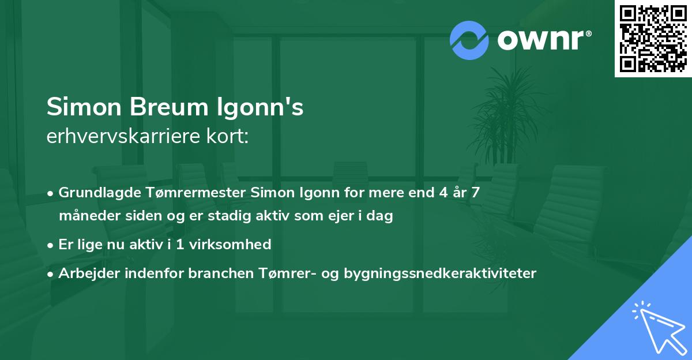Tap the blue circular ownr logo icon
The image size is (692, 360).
(469, 40)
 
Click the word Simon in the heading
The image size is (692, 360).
(86, 108)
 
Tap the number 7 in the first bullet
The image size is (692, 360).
(475, 193)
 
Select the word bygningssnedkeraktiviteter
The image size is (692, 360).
(440, 273)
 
